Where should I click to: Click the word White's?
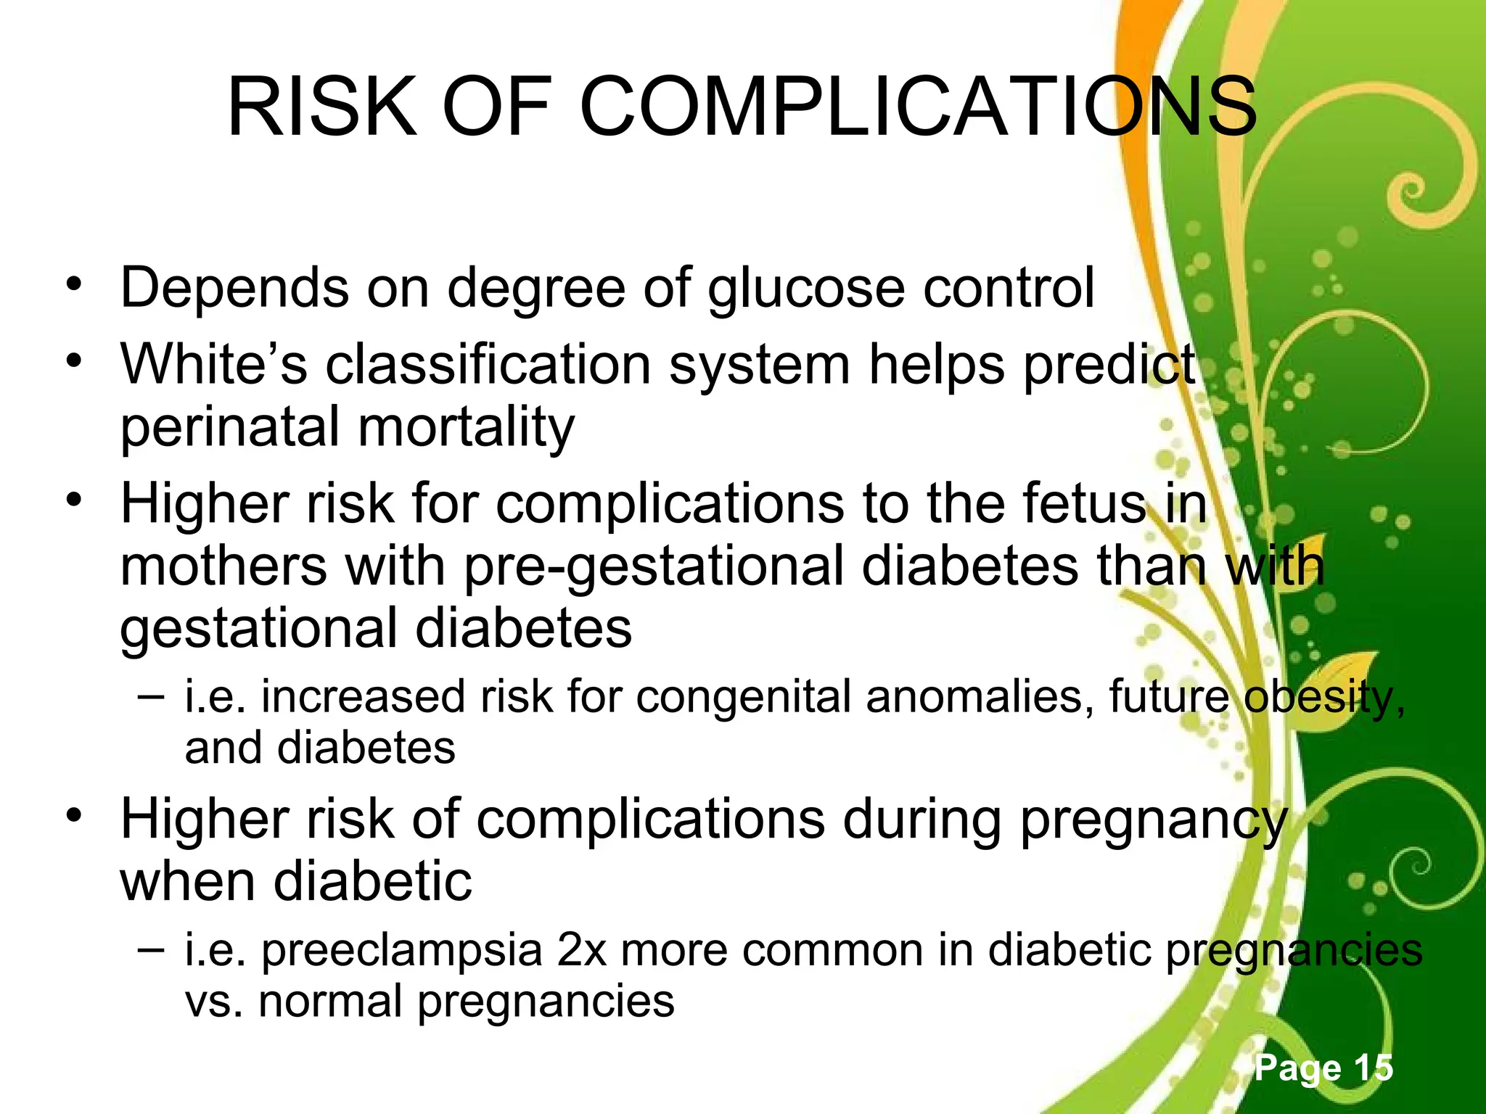pos(214,363)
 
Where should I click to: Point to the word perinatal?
pos(230,427)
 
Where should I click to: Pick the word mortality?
pos(466,427)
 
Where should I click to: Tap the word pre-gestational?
pos(654,566)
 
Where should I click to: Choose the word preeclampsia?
pos(402,951)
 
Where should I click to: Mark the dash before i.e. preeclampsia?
pos(150,948)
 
